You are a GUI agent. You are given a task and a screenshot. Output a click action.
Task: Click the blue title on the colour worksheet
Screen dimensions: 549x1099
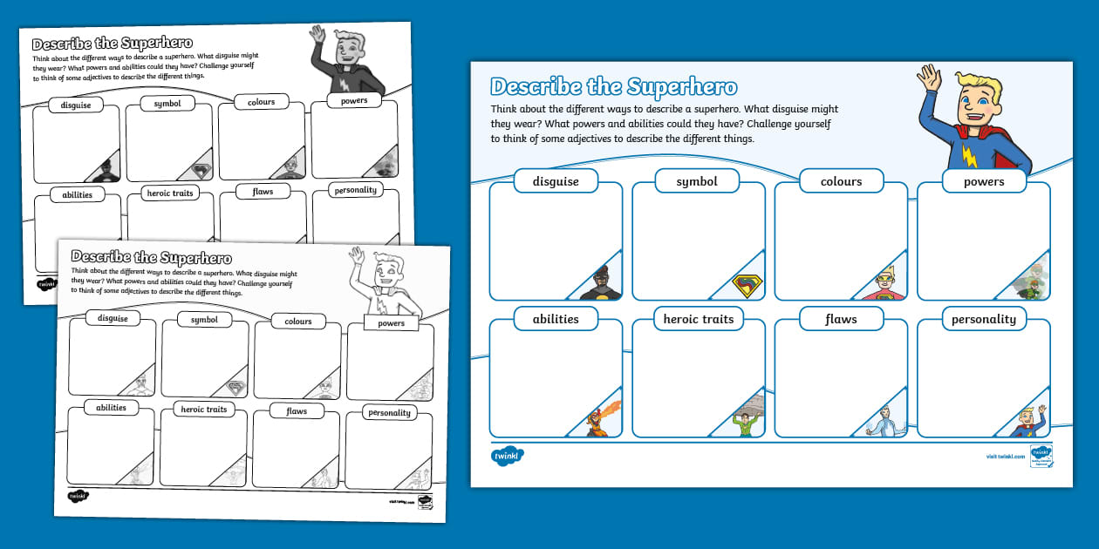pos(613,87)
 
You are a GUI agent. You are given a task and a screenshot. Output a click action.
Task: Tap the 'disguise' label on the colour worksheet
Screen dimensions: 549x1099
pos(556,181)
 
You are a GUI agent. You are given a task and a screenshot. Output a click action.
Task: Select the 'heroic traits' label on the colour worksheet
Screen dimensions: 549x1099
pos(698,319)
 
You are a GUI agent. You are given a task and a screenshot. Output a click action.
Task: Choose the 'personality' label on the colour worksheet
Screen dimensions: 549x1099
pos(983,319)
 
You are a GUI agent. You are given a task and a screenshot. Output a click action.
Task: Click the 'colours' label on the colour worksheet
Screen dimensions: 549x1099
pos(841,181)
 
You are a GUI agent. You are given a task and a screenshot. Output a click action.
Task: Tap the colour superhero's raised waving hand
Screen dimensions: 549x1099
pos(929,78)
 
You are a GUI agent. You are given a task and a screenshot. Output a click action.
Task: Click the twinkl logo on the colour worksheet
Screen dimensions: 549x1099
pos(507,456)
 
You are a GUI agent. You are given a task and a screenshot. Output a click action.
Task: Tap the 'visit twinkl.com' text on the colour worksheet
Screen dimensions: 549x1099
pos(1002,456)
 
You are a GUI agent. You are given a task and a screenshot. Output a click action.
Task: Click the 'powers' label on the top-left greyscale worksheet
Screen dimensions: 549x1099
pos(354,100)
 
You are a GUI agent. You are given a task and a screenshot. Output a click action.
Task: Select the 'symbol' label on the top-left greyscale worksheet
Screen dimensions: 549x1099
pos(167,104)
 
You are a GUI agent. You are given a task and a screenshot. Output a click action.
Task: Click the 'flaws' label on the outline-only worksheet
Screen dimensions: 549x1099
pos(297,410)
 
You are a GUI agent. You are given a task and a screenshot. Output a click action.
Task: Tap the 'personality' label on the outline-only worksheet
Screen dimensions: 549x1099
pos(389,412)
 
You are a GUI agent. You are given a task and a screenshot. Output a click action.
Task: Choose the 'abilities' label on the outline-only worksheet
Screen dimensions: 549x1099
pos(111,407)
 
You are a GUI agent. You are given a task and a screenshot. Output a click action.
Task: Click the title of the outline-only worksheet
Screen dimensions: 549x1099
pos(151,257)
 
